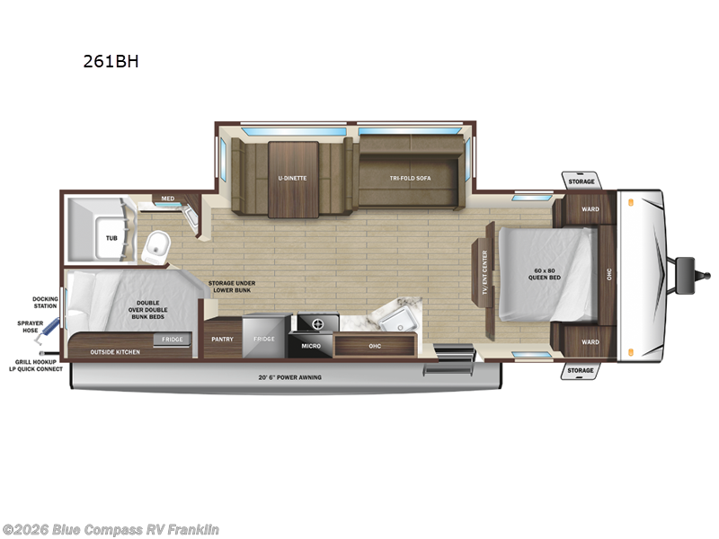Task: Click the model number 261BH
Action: pyautogui.click(x=111, y=61)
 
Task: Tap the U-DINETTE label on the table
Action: pyautogui.click(x=292, y=178)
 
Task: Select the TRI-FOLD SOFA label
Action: pyautogui.click(x=411, y=178)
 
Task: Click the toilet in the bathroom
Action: pyautogui.click(x=155, y=248)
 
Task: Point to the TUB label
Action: pyautogui.click(x=111, y=238)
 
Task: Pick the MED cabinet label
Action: pyautogui.click(x=168, y=199)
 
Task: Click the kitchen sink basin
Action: pyautogui.click(x=398, y=320)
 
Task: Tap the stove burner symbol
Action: pyautogui.click(x=318, y=324)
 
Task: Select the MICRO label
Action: pyautogui.click(x=311, y=346)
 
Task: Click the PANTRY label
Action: pyautogui.click(x=222, y=340)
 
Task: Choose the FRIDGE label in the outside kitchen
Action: pyautogui.click(x=172, y=340)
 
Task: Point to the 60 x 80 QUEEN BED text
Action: pyautogui.click(x=545, y=274)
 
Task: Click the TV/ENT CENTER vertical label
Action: pyautogui.click(x=484, y=272)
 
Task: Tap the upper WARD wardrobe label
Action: pyautogui.click(x=590, y=209)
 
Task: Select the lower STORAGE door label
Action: pyautogui.click(x=581, y=370)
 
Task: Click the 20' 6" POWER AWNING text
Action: pyautogui.click(x=289, y=377)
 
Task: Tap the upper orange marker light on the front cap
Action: pyautogui.click(x=631, y=202)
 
